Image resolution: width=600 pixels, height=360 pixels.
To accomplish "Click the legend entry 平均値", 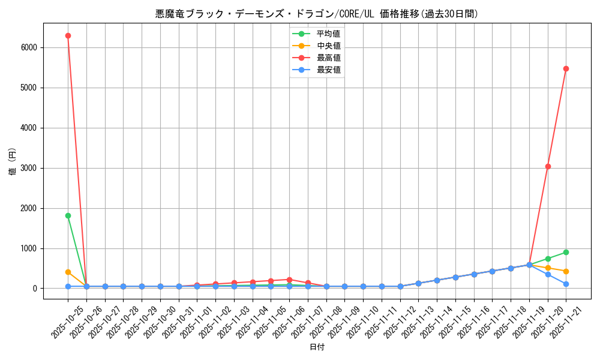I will click(328, 34).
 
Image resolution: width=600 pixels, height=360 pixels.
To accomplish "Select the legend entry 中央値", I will click(328, 46).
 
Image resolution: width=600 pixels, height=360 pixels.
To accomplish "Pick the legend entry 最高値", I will click(328, 58).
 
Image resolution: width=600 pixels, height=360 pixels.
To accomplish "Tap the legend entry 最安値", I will click(328, 70).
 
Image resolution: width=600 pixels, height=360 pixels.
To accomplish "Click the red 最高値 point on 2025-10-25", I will click(68, 35).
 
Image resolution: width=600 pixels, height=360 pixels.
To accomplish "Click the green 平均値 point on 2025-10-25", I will click(68, 215).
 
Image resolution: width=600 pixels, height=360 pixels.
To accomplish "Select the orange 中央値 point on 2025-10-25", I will click(68, 272).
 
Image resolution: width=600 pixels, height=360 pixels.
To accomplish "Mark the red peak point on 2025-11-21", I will click(566, 68).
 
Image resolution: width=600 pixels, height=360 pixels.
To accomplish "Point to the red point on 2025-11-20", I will click(548, 166).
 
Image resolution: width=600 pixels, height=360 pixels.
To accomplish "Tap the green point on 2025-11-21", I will click(566, 252).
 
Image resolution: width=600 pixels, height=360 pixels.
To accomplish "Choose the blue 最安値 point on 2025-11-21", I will click(566, 284).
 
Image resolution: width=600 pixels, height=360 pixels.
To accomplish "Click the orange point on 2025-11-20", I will click(548, 268).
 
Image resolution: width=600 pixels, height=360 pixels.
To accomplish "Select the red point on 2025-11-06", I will click(289, 280).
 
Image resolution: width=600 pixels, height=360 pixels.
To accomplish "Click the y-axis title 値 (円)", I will click(12, 162).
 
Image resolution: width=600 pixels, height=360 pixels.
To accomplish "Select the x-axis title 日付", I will click(317, 347).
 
